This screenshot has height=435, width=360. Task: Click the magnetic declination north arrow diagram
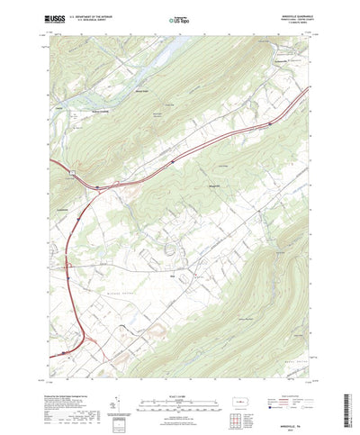[x=118, y=394]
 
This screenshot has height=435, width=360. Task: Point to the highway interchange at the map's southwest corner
[x=88, y=340]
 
